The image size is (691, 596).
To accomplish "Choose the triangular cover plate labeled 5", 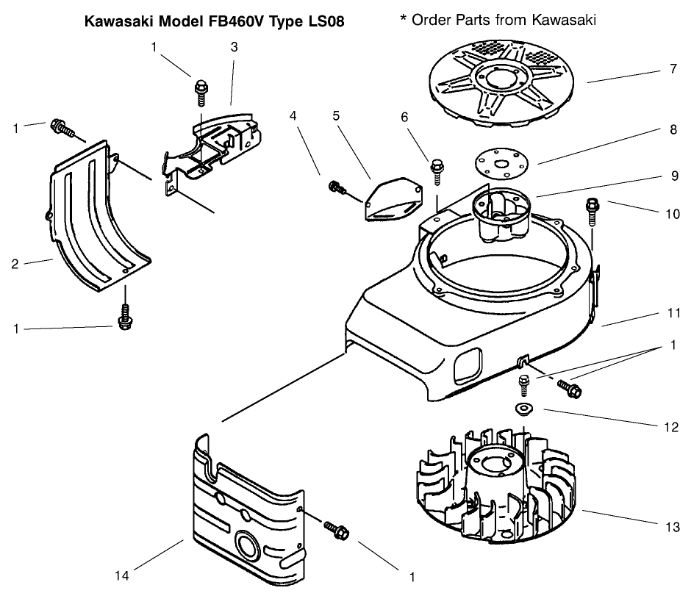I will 394,197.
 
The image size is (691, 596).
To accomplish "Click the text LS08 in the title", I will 326,21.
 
